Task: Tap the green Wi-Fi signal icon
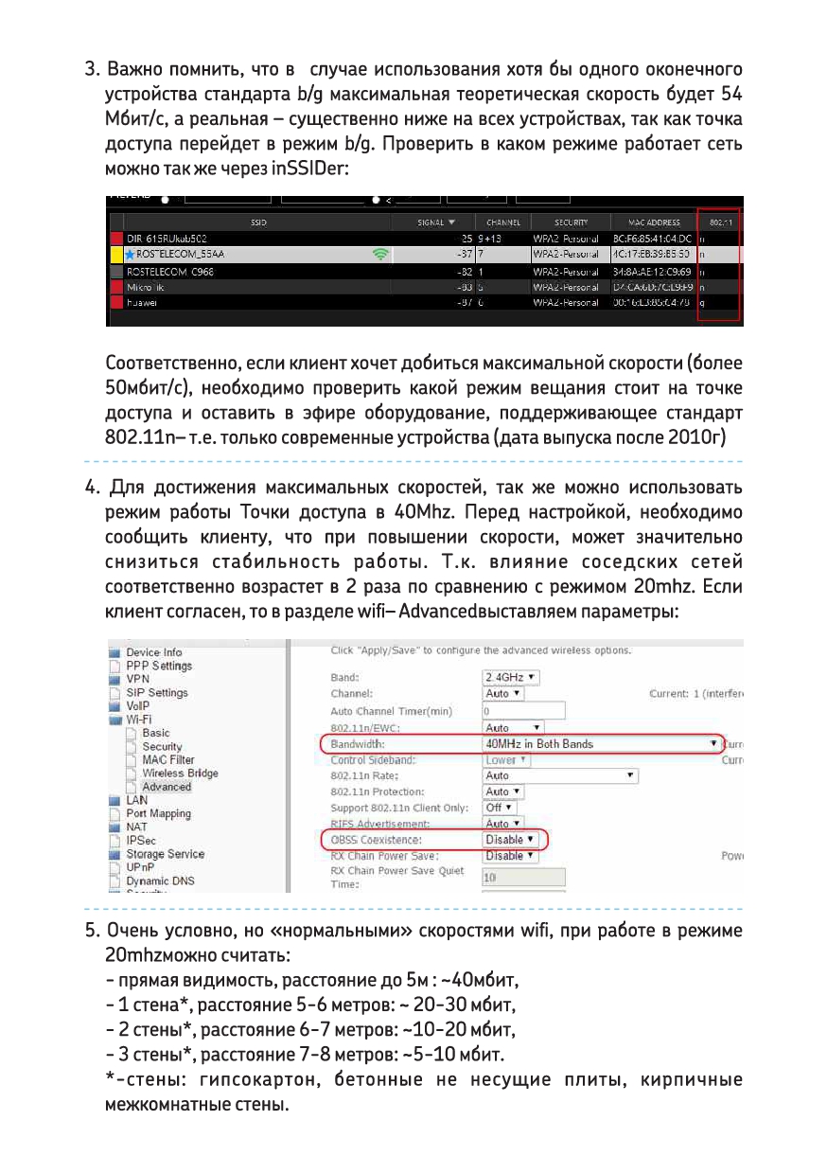coord(381,255)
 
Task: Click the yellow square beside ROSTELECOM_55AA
coord(117,255)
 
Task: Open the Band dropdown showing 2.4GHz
coord(512,678)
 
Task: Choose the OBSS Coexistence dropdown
coord(511,840)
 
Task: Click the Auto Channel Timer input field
coord(523,711)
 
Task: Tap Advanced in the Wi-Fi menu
coord(167,787)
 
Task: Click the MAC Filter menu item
coord(168,760)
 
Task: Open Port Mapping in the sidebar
coord(158,814)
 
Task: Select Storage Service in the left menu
coord(165,854)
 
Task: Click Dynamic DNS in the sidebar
coord(160,881)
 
